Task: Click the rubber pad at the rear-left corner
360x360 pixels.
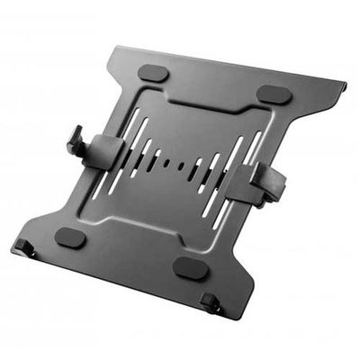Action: [x=155, y=73]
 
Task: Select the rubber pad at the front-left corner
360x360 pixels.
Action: [x=70, y=238]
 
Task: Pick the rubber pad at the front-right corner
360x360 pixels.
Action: [x=191, y=267]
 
